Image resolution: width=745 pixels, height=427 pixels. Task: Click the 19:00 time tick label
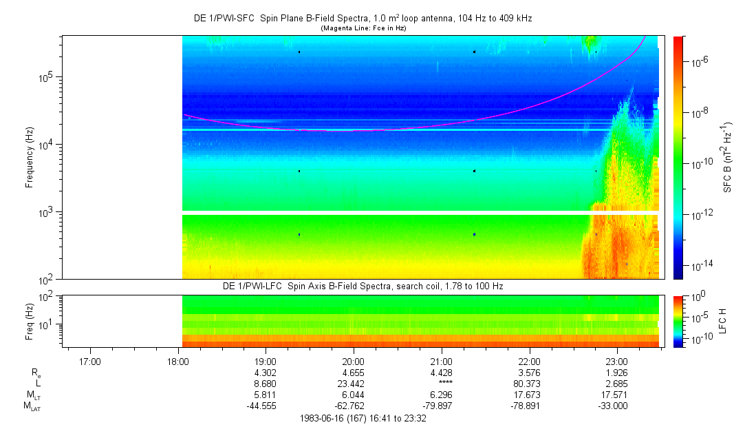[266, 361]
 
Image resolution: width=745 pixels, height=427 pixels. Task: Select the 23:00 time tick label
[617, 361]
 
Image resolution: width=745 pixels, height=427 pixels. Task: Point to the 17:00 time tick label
[90, 361]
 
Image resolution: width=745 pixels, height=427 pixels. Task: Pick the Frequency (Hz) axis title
[30, 158]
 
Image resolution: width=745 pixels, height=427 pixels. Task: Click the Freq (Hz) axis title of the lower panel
[30, 321]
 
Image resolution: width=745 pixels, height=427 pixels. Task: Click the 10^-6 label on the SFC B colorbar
[702, 62]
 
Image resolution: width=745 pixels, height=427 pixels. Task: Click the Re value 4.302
[266, 373]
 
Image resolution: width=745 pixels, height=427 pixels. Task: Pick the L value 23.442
[354, 383]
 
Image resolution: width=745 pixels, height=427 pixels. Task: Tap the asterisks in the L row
[441, 383]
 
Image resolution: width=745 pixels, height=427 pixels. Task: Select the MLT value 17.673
[529, 395]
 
